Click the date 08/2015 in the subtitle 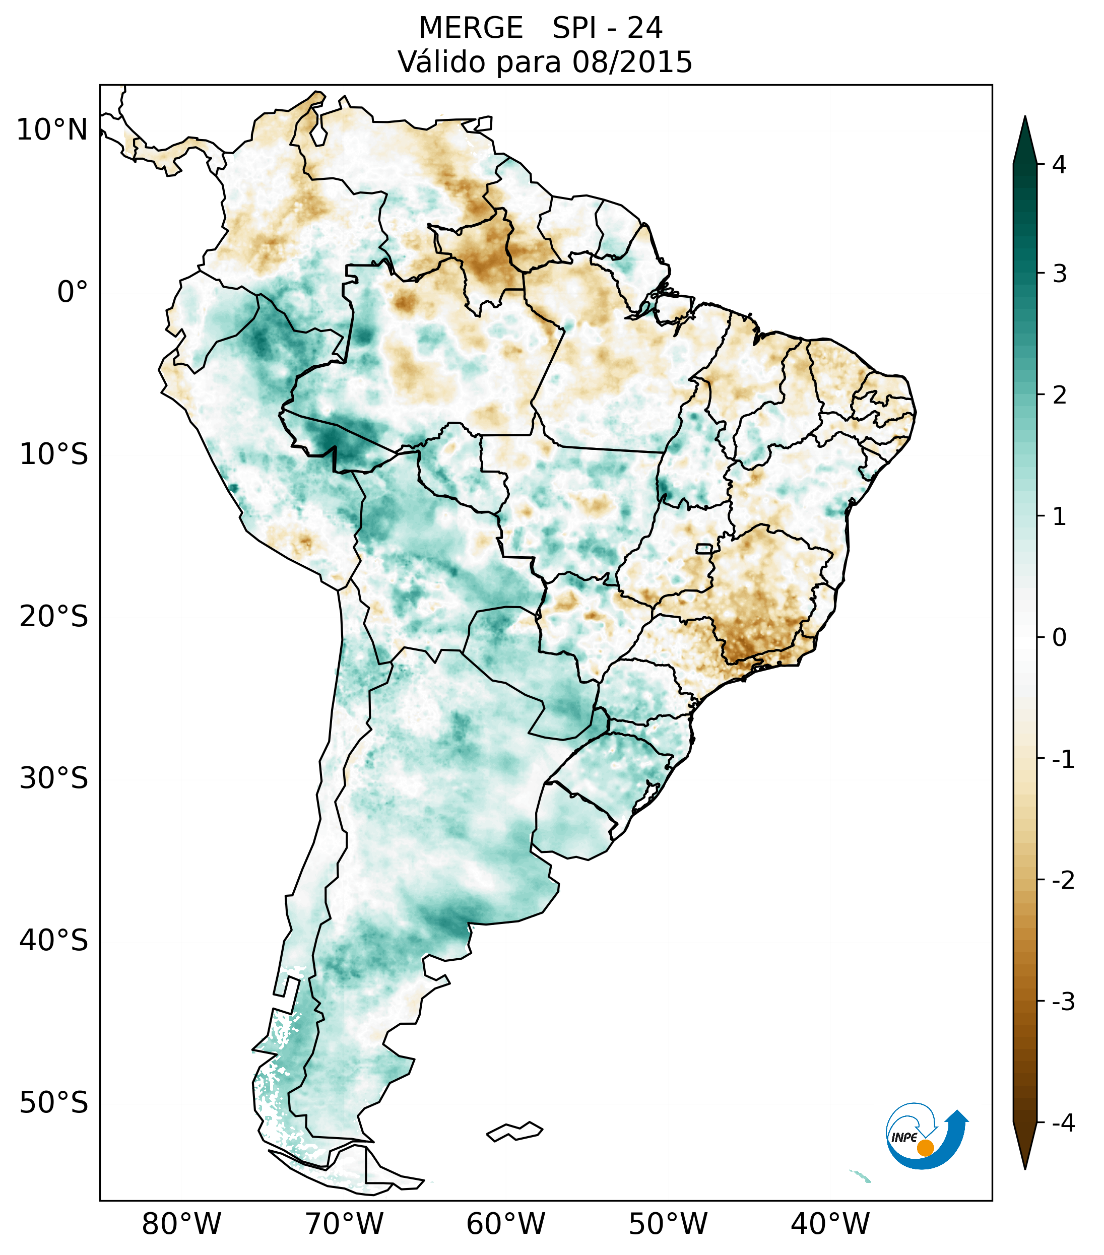pos(632,62)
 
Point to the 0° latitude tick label pos(73,292)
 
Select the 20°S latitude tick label pos(54,617)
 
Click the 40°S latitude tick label pos(54,941)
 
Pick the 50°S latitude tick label pos(54,1103)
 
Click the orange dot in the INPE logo pos(925,1148)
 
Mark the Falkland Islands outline pos(514,1132)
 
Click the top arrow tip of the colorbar pos(1024,118)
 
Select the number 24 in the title pos(645,28)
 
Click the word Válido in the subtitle pos(441,62)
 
